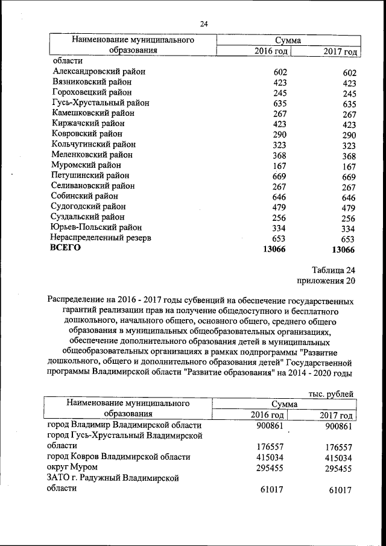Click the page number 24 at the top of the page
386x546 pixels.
click(204, 24)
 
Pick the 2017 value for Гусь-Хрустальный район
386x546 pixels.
click(349, 104)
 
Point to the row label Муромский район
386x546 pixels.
click(86, 165)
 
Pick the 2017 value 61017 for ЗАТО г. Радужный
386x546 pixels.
click(341, 489)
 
